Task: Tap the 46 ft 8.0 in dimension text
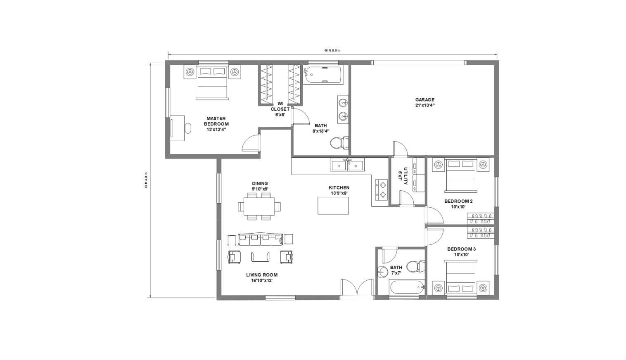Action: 332,50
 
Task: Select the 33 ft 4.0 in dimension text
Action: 146,180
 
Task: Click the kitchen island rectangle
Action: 333,205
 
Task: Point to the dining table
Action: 259,206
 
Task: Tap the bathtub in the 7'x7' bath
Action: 407,287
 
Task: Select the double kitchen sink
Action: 347,165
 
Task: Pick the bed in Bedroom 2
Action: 460,175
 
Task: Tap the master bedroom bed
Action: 212,83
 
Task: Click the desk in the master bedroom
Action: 177,128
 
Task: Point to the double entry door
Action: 357,289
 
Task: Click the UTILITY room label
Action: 403,174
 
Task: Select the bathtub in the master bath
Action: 323,75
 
